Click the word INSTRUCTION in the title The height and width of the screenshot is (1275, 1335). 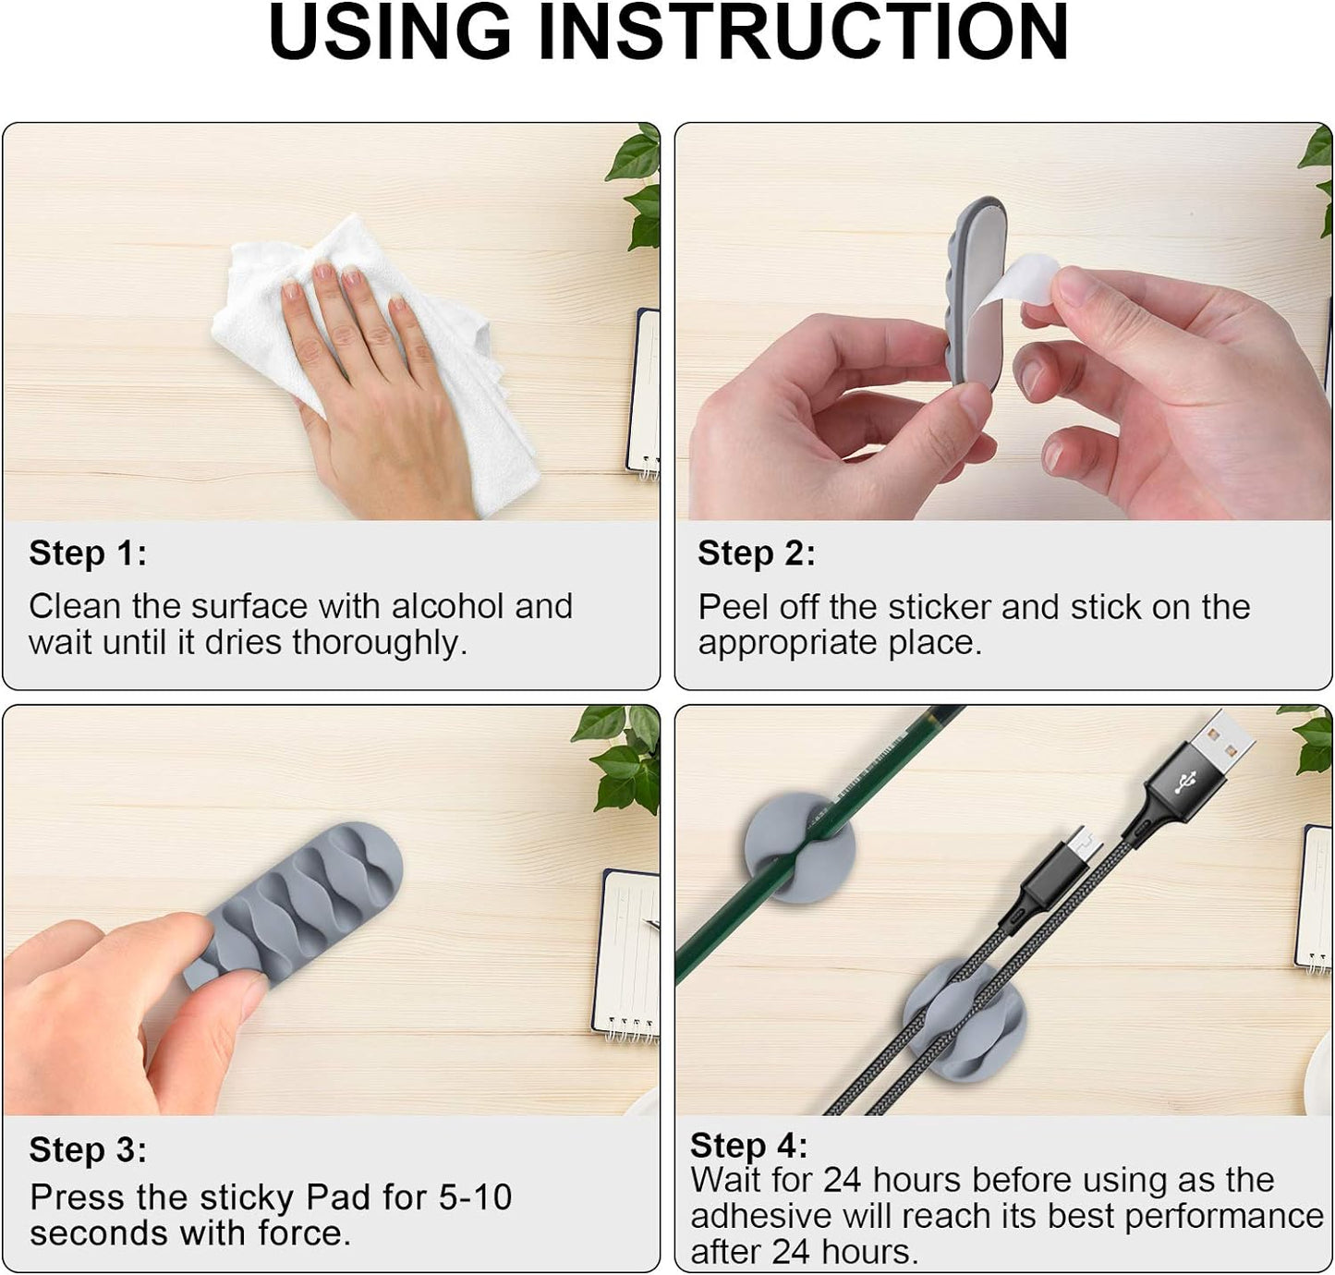point(803,32)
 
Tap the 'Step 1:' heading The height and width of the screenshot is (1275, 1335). point(88,553)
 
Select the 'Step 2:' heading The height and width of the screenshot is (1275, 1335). point(757,553)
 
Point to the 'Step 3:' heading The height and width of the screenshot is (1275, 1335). point(88,1149)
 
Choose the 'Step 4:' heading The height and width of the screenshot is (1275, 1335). point(749,1146)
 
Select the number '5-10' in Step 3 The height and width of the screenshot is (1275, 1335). point(475,1197)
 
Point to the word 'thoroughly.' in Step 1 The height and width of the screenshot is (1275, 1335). point(380,643)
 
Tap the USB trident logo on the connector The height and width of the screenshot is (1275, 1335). point(1185,783)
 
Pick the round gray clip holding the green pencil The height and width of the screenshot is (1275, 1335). point(800,848)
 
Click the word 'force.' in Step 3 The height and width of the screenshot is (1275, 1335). point(305,1233)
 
